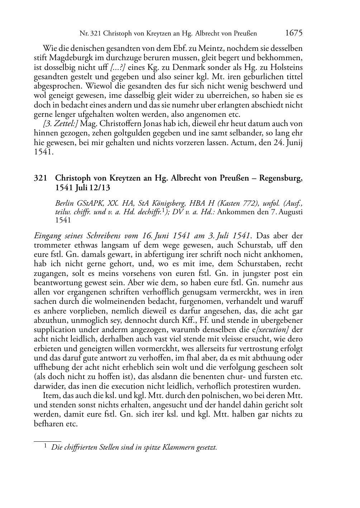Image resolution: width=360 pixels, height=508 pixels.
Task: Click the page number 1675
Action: (294, 33)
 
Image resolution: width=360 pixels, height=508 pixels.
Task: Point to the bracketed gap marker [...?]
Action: (118, 67)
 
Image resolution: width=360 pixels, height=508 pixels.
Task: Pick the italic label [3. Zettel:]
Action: (62, 124)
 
